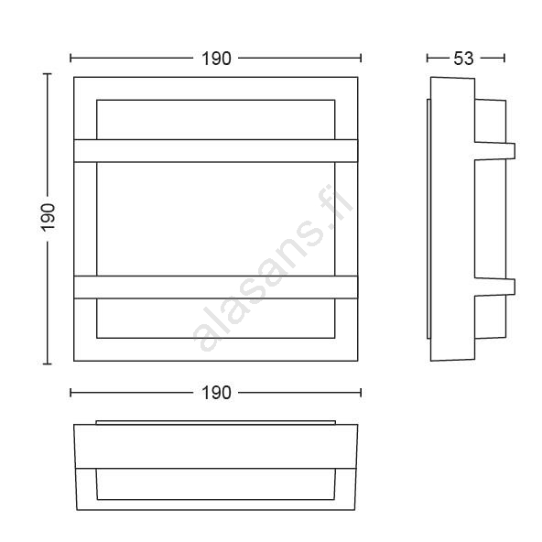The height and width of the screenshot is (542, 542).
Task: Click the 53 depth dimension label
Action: point(463,59)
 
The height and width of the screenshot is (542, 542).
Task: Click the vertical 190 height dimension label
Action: point(48,217)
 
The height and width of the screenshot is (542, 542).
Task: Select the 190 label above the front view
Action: point(216,59)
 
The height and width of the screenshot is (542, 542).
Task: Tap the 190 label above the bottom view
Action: point(216,393)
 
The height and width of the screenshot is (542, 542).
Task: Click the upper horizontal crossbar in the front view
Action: point(216,151)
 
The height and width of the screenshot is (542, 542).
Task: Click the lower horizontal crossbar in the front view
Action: point(216,287)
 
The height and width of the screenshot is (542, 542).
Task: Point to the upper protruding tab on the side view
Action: point(494,151)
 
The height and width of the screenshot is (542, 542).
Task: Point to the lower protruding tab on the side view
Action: point(494,287)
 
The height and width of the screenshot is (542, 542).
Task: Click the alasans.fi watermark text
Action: point(273,270)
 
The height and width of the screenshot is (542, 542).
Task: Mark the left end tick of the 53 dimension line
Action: point(428,58)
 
